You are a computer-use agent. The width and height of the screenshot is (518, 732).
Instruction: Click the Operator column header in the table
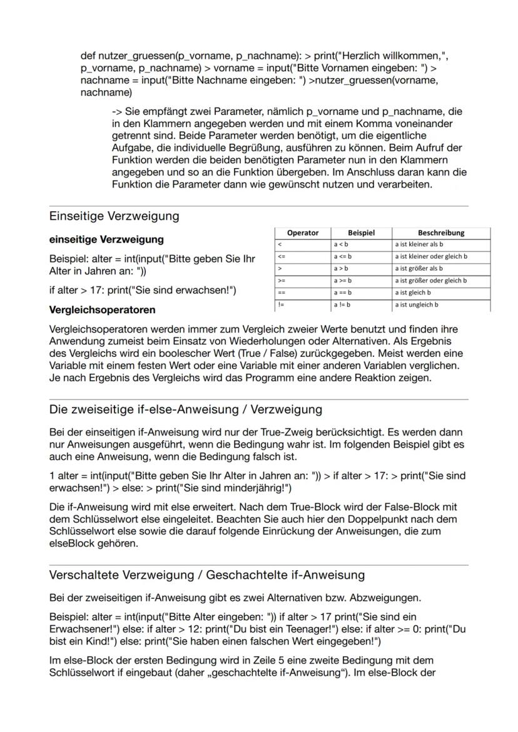302,233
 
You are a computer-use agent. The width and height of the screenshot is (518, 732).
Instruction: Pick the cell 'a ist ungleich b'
416,304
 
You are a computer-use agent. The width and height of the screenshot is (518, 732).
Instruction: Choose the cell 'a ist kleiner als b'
419,244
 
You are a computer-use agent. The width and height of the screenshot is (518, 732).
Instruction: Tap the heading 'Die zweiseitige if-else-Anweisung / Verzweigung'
185,409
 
